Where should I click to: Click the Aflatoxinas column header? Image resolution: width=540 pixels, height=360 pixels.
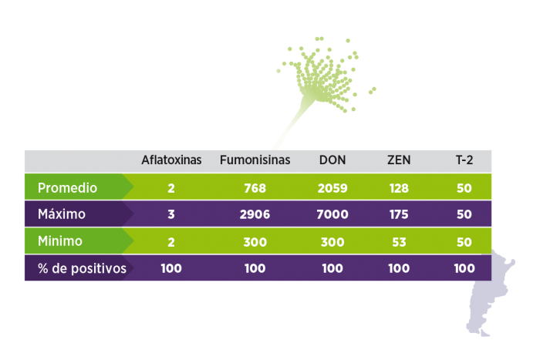171,160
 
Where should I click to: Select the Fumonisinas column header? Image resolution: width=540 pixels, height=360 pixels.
255,160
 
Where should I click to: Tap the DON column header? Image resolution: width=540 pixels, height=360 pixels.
332,160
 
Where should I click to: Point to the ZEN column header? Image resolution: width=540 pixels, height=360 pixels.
399,160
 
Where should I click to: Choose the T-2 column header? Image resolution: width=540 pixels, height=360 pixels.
464,160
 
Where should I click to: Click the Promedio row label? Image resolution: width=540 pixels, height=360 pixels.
68,188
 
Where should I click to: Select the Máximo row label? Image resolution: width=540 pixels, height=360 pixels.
62,214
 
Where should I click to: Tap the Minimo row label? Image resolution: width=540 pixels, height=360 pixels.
60,241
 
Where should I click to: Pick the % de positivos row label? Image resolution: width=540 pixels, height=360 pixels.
82,268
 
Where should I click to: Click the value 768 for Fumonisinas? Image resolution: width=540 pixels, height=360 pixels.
255,188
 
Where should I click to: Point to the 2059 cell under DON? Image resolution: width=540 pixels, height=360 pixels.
332,188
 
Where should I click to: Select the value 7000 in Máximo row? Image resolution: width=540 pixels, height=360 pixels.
332,214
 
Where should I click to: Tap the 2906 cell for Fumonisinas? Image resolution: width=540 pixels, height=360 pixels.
255,214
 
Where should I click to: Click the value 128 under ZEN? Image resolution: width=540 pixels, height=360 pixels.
399,188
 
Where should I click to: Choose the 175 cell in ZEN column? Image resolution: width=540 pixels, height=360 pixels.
399,214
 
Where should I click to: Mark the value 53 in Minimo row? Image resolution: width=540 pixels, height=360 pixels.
399,242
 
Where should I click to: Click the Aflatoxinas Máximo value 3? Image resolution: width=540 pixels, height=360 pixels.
171,214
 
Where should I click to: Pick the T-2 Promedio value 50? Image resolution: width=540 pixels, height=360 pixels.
464,188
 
